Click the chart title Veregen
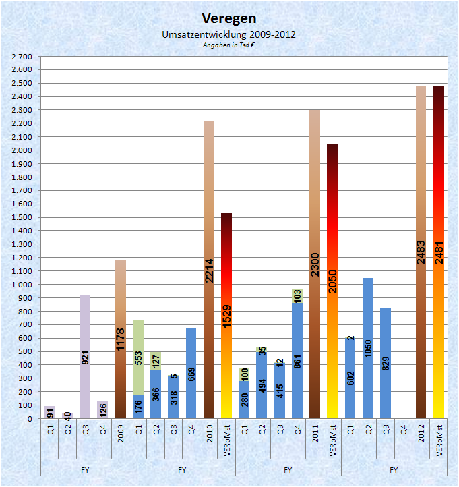tap(229, 18)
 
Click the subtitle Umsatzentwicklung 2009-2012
tap(229, 34)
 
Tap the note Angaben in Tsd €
tap(229, 45)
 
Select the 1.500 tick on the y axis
tap(22, 218)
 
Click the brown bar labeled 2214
tap(209, 270)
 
